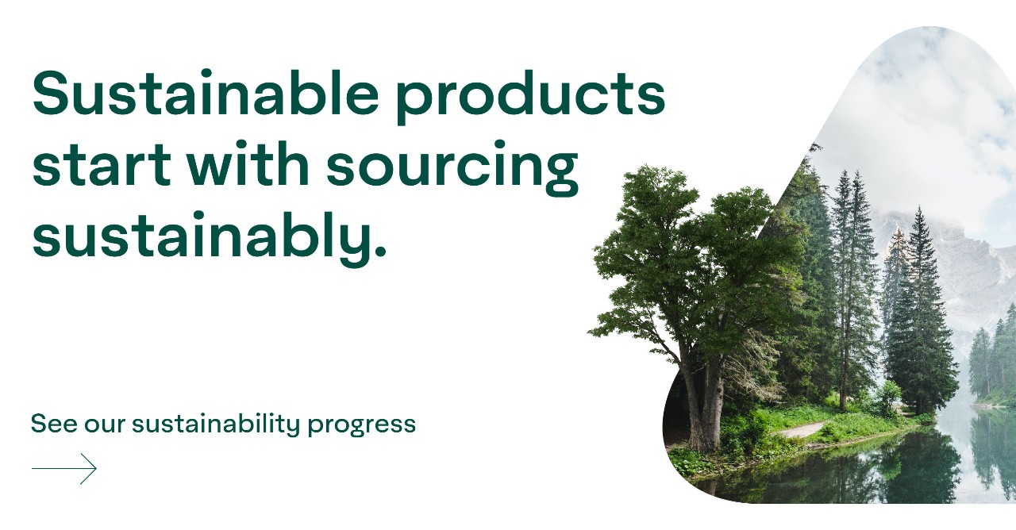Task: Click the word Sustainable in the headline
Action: pyautogui.click(x=206, y=93)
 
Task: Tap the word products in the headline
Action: pyautogui.click(x=531, y=97)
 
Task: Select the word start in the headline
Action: pyautogui.click(x=102, y=165)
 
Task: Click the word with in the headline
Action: pyautogui.click(x=248, y=163)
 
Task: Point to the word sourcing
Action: pyautogui.click(x=452, y=167)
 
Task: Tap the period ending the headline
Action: pyautogui.click(x=380, y=251)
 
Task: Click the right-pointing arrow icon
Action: pyautogui.click(x=64, y=468)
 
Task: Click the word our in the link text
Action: pyautogui.click(x=105, y=426)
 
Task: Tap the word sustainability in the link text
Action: pyautogui.click(x=216, y=424)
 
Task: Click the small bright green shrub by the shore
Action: pyautogui.click(x=888, y=395)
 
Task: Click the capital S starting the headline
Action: pyautogui.click(x=53, y=93)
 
